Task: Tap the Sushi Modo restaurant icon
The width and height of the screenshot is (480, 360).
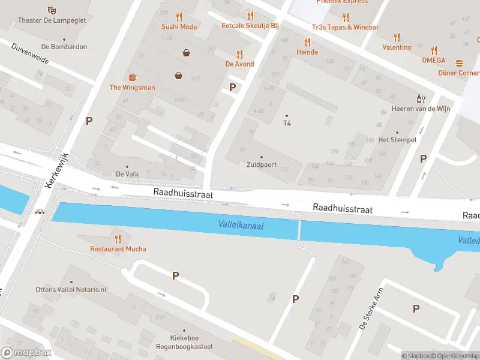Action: tap(179, 16)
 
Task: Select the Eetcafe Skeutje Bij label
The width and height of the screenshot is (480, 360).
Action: tap(250, 26)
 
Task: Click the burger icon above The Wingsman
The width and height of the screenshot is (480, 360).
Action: tap(132, 77)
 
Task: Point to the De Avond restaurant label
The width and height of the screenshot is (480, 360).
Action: tap(239, 64)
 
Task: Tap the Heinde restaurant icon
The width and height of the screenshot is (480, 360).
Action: tap(307, 42)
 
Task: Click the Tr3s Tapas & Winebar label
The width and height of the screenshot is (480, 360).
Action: tap(345, 27)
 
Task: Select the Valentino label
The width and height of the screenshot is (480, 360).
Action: tap(397, 47)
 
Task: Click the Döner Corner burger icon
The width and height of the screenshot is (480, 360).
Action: tap(460, 63)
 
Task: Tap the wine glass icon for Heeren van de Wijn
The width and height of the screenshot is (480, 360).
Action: tap(421, 98)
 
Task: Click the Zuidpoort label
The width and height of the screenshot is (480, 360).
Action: tap(261, 164)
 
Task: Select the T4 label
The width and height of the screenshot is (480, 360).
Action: tap(287, 123)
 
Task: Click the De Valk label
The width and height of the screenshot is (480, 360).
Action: tap(127, 174)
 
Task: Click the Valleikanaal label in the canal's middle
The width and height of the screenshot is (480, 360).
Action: tap(240, 225)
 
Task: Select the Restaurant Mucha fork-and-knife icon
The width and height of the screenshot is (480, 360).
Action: tap(118, 238)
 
